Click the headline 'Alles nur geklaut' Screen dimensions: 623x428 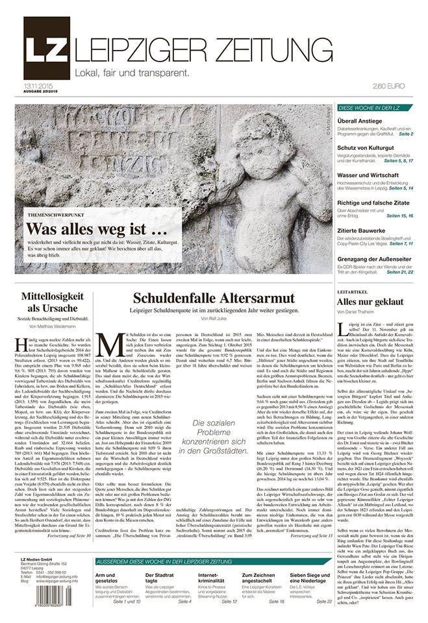[370, 302]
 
